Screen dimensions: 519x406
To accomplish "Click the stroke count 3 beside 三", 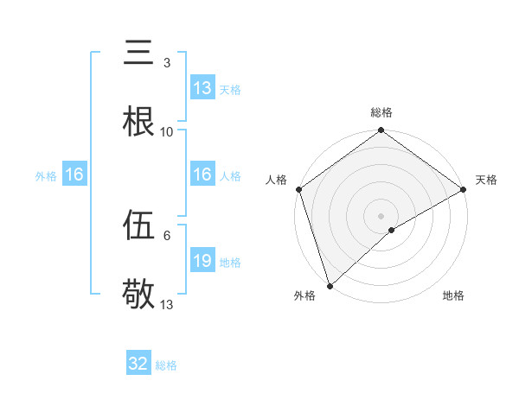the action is click(x=166, y=63).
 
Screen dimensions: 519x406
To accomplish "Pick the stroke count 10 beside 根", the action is click(x=167, y=132).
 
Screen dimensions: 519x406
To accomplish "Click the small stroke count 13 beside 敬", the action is click(x=167, y=305).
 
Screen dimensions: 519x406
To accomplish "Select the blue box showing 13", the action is click(x=202, y=88).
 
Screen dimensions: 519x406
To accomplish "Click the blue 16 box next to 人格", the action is click(x=202, y=174).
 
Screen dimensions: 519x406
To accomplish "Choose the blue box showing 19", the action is click(x=202, y=261).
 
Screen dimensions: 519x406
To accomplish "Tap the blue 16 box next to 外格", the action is click(x=74, y=174).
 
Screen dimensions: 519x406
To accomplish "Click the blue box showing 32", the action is click(x=138, y=364).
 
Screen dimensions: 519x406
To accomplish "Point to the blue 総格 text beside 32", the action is click(x=166, y=365).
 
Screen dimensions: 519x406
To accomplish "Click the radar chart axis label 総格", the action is click(x=381, y=112).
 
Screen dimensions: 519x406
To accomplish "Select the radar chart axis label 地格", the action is click(x=453, y=295).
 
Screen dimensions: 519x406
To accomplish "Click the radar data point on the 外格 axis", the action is click(x=330, y=285).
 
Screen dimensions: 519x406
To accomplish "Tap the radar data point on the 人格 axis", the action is click(x=298, y=189).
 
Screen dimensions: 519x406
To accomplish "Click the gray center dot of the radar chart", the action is click(x=381, y=215).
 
